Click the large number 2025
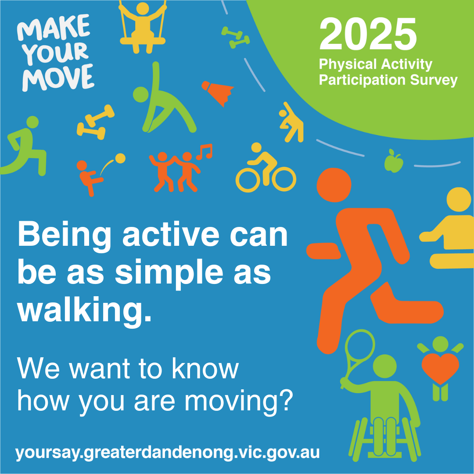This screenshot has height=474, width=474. [x=368, y=34]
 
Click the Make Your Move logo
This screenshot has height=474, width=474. [x=56, y=53]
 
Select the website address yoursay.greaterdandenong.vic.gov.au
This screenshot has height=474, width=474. [x=168, y=453]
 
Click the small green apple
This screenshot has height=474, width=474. [x=394, y=161]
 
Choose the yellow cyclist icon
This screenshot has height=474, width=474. [x=266, y=168]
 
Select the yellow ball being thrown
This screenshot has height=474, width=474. [x=120, y=158]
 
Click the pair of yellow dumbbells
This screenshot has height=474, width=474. [x=95, y=122]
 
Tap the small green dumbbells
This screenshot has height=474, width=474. [x=236, y=37]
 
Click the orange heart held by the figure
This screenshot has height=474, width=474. [x=440, y=368]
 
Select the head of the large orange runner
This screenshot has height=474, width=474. [x=334, y=185]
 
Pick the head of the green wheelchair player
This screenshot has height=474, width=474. [x=384, y=366]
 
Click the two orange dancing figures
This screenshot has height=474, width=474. [x=175, y=172]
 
